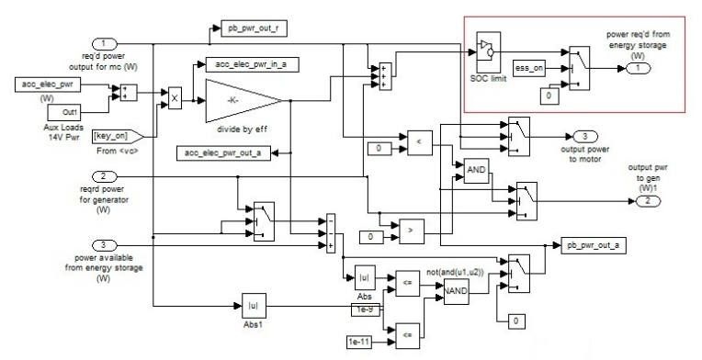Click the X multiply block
(x=173, y=93)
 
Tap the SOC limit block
(x=489, y=52)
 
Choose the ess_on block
(x=532, y=68)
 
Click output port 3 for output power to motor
(x=584, y=136)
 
